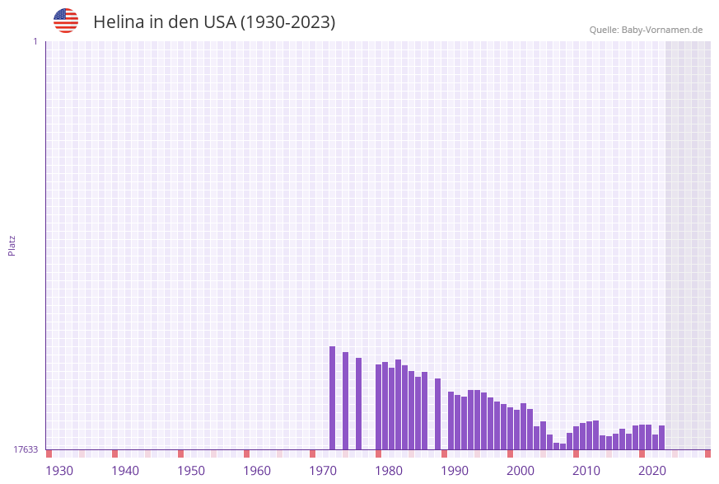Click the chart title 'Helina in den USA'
pos(214,22)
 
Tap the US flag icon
pos(66,21)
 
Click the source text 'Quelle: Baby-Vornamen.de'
pos(646,30)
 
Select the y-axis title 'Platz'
pos(12,245)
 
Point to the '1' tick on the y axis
pos(35,41)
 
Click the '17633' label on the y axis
pos(26,449)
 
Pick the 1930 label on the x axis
pos(59,471)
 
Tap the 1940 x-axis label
pos(125,471)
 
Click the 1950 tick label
pos(191,471)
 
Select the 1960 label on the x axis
pos(257,471)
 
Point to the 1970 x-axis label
pos(323,471)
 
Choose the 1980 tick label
pos(389,471)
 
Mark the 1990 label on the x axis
pos(455,471)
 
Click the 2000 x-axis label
pos(521,471)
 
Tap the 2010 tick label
pos(586,471)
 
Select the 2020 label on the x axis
pos(652,471)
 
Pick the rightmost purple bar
pos(662,437)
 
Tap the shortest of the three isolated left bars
pos(359,403)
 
